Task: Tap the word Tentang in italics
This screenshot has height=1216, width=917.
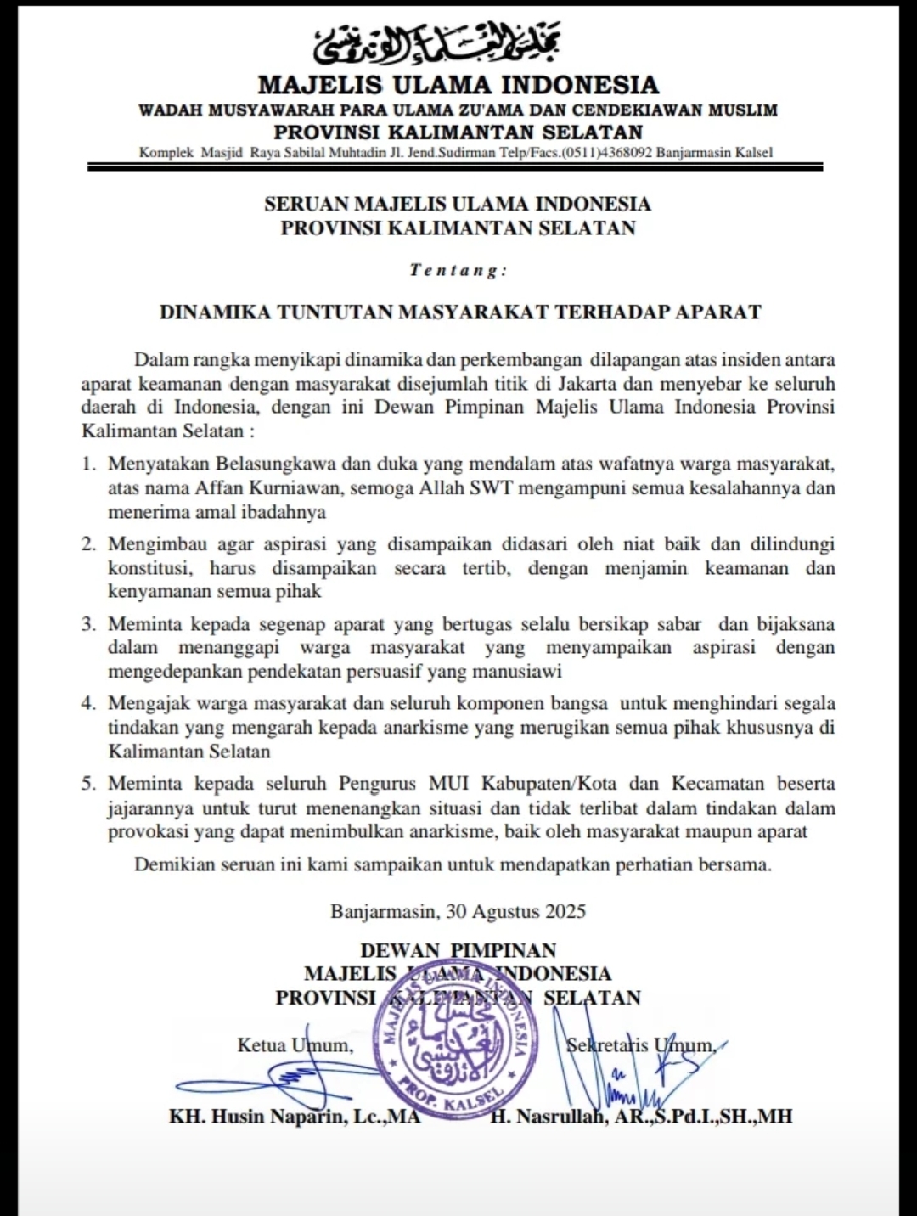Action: click(458, 270)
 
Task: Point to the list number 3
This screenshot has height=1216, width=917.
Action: click(88, 624)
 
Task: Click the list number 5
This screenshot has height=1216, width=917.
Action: click(88, 783)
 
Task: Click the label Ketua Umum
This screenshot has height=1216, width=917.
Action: click(294, 1044)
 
